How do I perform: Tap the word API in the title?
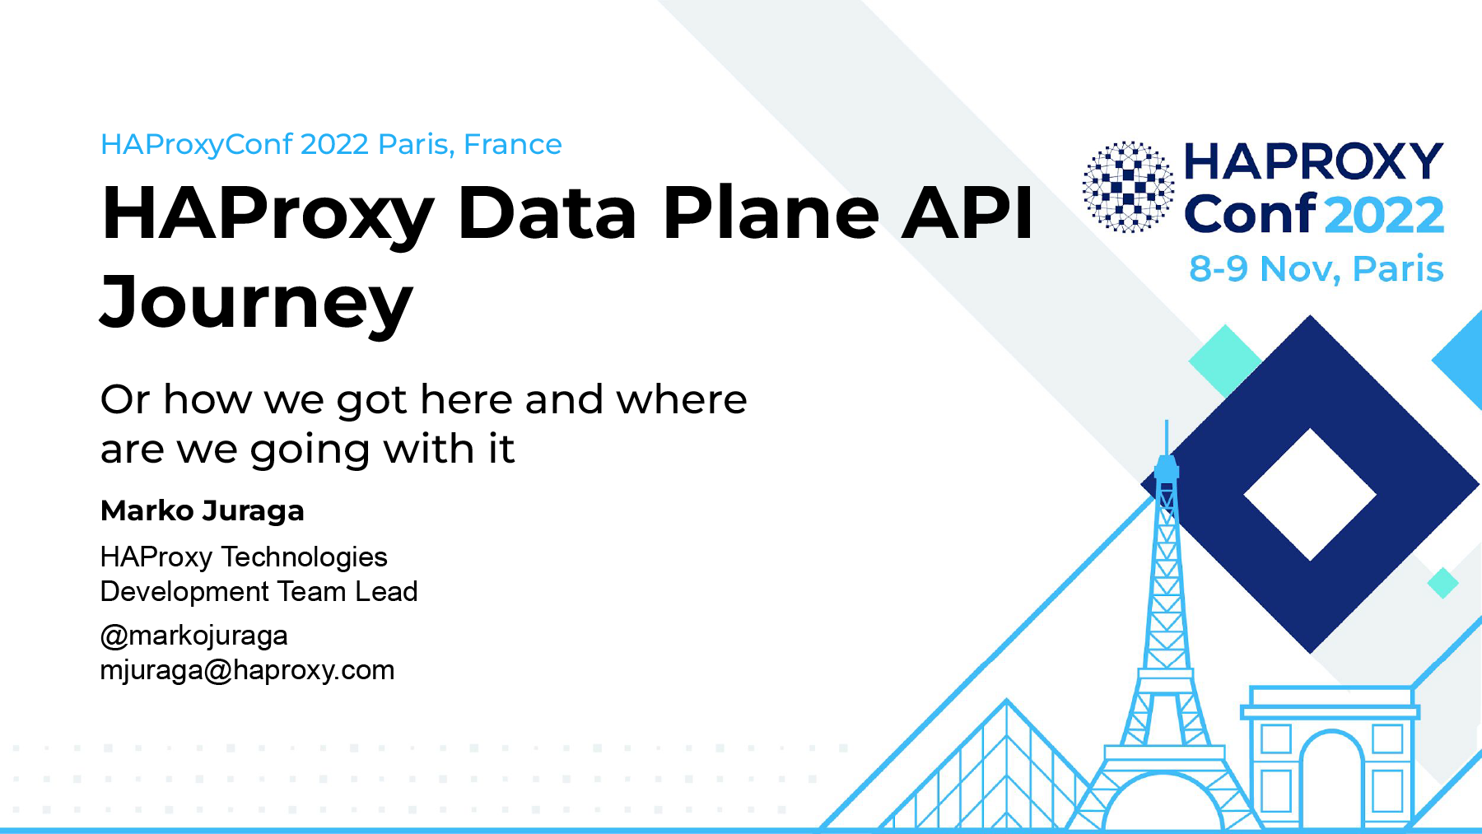click(967, 213)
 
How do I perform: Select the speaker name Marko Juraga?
click(203, 511)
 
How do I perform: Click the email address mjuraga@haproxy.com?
click(247, 670)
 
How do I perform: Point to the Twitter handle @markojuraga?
click(194, 636)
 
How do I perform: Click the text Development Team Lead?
click(259, 591)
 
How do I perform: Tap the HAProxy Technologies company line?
click(244, 557)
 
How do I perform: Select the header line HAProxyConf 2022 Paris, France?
click(331, 145)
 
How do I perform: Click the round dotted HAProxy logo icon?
click(1128, 187)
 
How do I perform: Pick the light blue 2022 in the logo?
click(1385, 215)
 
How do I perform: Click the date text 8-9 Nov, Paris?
click(1316, 269)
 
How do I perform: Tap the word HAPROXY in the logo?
click(1313, 161)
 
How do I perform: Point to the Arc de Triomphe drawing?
click(1330, 757)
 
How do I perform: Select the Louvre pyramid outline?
click(988, 774)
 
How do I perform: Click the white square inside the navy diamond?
click(1310, 495)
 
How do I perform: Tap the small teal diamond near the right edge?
click(1442, 583)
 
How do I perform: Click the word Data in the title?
click(547, 213)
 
